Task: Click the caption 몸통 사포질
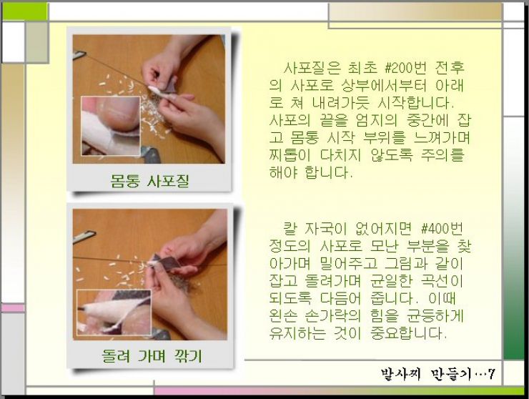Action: pyautogui.click(x=149, y=181)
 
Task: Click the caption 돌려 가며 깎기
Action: pyautogui.click(x=152, y=356)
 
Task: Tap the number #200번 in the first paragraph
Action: pyautogui.click(x=405, y=68)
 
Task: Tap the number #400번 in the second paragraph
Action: pyautogui.click(x=442, y=229)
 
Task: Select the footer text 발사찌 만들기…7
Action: pyautogui.click(x=438, y=374)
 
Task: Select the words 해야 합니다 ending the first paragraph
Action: pyautogui.click(x=311, y=172)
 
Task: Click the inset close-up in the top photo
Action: pyautogui.click(x=111, y=126)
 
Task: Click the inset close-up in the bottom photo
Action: pyautogui.click(x=114, y=312)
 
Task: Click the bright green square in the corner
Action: pyautogui.click(x=24, y=11)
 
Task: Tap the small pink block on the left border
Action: pyautogui.click(x=13, y=308)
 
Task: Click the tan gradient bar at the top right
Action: pyautogui.click(x=415, y=12)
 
